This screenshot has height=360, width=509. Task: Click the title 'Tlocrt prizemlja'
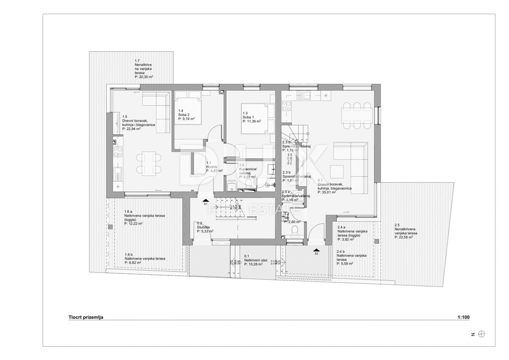coord(86,317)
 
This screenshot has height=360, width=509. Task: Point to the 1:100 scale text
coord(464,317)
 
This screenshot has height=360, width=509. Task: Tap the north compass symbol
coord(481,334)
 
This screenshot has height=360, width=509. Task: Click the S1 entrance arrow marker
coord(206,200)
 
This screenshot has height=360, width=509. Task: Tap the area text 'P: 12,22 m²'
coord(133,223)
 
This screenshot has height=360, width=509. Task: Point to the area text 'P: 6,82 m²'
coord(133,262)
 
